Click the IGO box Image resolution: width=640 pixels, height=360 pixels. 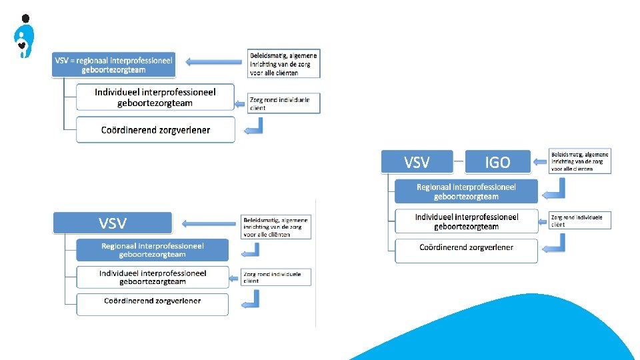tap(497, 161)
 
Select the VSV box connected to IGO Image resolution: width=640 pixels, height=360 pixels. tap(417, 161)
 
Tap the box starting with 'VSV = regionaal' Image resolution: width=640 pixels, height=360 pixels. tap(113, 65)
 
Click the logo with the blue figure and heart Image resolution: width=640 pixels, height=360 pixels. tap(24, 37)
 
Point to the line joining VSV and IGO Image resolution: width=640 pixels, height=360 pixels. tap(459, 161)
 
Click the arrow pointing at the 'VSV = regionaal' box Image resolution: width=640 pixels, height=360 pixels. tap(213, 62)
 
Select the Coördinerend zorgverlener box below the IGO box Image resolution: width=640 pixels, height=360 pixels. tap(466, 248)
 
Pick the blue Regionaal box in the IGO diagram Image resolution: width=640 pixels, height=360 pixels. tap(466, 191)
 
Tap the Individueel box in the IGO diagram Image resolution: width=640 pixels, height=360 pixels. tap(466, 221)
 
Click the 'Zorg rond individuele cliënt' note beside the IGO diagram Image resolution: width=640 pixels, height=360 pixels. tap(579, 221)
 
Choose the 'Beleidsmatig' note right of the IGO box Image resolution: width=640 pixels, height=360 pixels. tap(579, 161)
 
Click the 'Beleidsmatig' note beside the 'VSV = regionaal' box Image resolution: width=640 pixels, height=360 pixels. tap(283, 63)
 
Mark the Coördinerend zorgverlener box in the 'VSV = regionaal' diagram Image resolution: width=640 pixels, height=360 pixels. tap(155, 130)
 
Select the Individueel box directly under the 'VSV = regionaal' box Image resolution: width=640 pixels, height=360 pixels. tap(155, 97)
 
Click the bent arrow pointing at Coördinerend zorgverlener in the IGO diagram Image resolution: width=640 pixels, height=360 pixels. tap(555, 246)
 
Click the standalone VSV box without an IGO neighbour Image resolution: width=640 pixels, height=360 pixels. tap(112, 223)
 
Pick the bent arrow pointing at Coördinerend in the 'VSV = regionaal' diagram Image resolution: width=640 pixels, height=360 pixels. tap(256, 127)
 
